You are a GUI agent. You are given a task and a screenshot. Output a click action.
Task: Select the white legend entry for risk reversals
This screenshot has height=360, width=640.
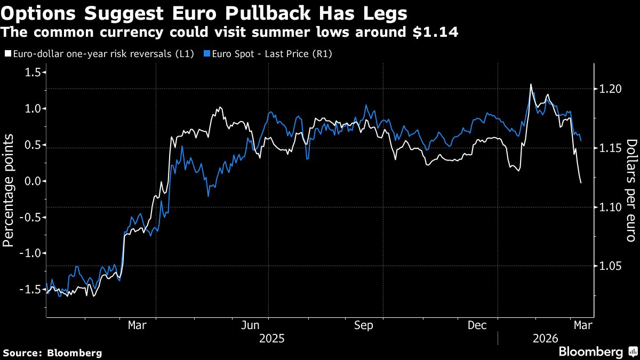(99, 54)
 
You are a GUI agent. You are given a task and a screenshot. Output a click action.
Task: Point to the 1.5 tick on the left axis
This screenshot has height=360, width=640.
(34, 73)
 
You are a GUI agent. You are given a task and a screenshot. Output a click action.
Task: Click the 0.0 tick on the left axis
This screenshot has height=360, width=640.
(34, 181)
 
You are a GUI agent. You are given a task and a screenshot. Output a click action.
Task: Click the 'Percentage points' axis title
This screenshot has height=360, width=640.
(9, 190)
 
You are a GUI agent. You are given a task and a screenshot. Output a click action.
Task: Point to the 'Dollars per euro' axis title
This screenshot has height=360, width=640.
(631, 190)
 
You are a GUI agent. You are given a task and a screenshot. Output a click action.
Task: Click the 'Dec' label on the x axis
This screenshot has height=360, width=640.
(477, 325)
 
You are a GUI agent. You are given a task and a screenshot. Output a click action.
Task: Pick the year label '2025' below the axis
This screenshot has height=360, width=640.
(271, 338)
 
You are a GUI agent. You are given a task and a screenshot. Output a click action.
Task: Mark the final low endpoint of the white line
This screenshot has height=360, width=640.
(580, 183)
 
